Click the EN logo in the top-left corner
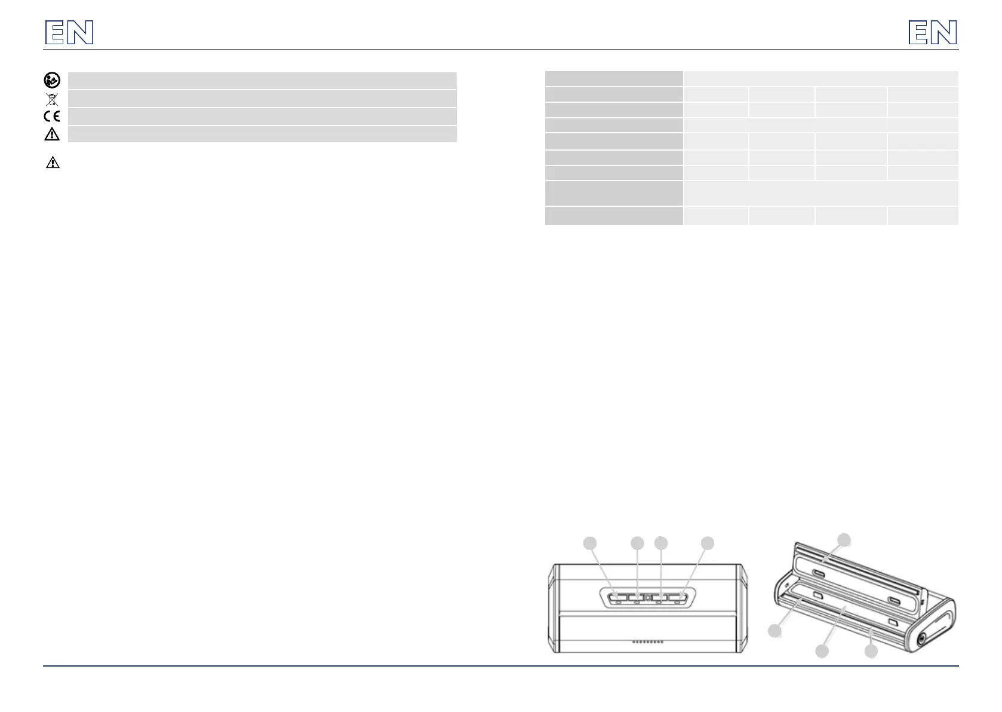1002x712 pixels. [69, 32]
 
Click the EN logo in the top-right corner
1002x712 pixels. [933, 32]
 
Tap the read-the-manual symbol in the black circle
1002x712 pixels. [52, 81]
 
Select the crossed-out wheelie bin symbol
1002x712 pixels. [52, 99]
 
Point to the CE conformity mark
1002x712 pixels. [52, 116]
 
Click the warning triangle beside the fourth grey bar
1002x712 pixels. [52, 134]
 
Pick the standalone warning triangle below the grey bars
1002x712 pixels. [53, 162]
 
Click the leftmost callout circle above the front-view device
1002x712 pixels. [589, 543]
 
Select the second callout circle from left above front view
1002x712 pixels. [637, 543]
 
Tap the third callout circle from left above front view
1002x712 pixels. [661, 543]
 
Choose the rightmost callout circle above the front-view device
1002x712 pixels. [708, 543]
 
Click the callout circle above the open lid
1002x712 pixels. [844, 540]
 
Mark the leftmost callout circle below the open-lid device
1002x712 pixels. [775, 631]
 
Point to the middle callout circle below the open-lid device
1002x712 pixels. [822, 651]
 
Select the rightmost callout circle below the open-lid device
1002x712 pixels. [871, 651]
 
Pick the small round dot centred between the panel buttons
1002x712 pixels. [647, 597]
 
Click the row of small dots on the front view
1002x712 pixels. [647, 641]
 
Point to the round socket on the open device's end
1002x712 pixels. [922, 639]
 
